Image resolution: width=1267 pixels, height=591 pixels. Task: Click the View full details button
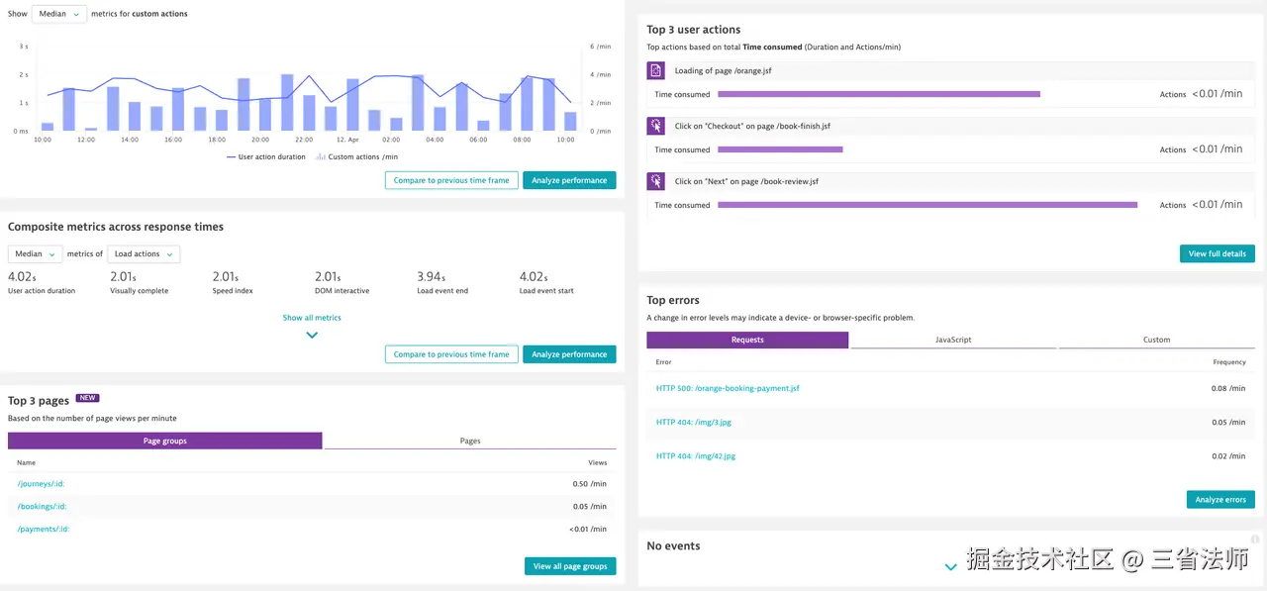(x=1217, y=253)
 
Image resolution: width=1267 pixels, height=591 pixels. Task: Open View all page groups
(x=569, y=566)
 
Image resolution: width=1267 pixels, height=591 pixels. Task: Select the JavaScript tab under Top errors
(x=953, y=340)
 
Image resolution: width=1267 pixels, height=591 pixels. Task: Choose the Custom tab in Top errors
(x=1156, y=340)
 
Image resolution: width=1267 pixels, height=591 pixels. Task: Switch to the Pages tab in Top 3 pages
(x=470, y=441)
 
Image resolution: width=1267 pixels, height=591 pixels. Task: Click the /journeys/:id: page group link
(x=41, y=484)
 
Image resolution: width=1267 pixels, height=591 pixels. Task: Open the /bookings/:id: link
(x=42, y=507)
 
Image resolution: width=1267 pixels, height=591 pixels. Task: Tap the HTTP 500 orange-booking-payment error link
(x=728, y=388)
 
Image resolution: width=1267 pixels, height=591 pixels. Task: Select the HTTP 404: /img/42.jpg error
(x=696, y=456)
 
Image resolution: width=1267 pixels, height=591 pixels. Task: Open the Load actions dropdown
(x=144, y=254)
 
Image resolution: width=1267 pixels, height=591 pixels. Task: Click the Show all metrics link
(x=312, y=318)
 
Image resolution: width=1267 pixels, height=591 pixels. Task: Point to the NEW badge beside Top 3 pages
(x=88, y=398)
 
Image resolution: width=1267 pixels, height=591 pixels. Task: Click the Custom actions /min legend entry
(x=357, y=156)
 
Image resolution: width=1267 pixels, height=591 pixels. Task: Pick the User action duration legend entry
(x=266, y=156)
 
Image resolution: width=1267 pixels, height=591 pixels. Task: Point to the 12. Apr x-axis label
(x=346, y=140)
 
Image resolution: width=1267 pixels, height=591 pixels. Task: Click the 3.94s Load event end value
(x=431, y=277)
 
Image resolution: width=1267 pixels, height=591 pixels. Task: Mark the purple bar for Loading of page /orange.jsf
(x=878, y=94)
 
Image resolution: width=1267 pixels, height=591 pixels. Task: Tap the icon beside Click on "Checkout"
(x=655, y=126)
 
